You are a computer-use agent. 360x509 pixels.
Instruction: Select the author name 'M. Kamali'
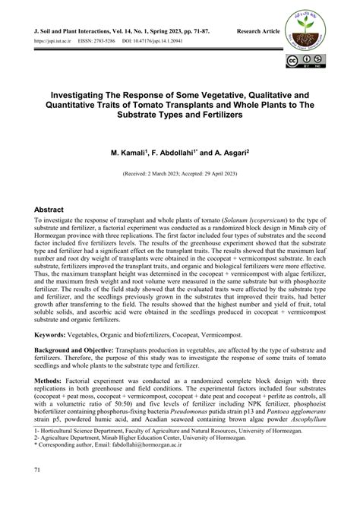coord(137,152)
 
